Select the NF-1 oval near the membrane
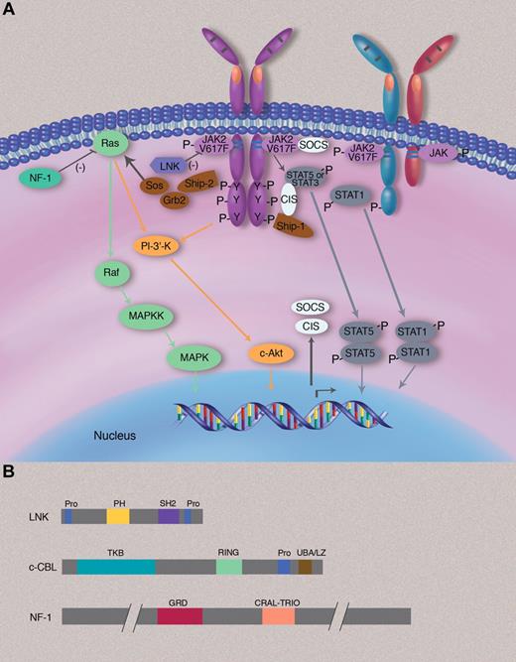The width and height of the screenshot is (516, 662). [40, 180]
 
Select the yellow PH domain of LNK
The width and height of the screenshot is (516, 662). [118, 516]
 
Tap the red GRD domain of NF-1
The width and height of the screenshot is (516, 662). [180, 616]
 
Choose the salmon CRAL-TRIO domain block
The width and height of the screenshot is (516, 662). [279, 616]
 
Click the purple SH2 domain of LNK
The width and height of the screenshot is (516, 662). [169, 516]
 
